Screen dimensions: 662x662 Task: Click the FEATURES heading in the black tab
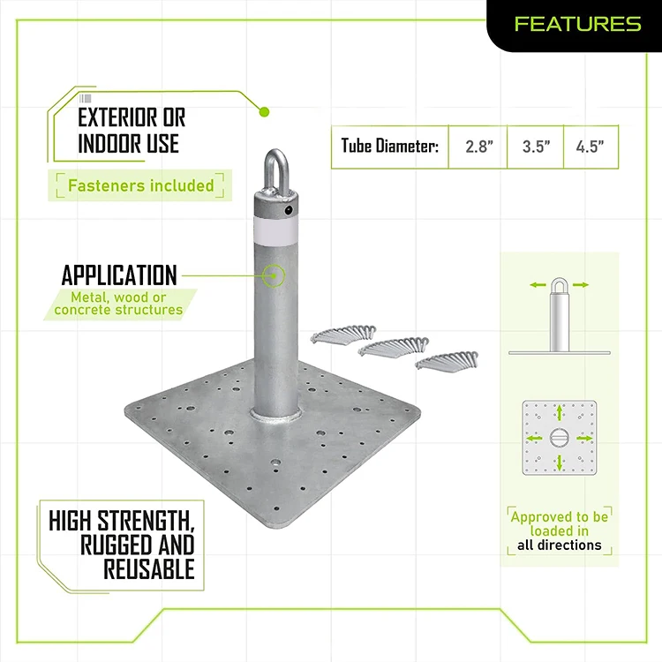coord(577,24)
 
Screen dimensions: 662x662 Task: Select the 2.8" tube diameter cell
coord(478,147)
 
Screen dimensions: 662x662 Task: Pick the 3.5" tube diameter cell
coord(536,147)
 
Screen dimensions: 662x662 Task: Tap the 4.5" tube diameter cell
coord(591,147)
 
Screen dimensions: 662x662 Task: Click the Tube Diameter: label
coord(389,146)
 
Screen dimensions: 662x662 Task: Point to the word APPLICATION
coord(119,275)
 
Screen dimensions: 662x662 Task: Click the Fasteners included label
coord(141,185)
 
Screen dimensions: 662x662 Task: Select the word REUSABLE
coord(149,569)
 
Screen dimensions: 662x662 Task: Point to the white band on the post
coord(275,231)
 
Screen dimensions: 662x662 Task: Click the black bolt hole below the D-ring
coord(289,210)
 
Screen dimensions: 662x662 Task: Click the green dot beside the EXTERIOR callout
coord(264,112)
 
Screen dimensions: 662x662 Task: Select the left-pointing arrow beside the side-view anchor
coord(538,285)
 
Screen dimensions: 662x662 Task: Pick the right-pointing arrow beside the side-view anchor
coord(581,285)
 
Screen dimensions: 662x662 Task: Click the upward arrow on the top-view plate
coord(560,413)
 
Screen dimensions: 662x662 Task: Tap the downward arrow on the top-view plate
coord(560,463)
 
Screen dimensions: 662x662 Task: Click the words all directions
coord(559,545)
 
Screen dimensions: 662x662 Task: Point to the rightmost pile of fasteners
coord(447,360)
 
